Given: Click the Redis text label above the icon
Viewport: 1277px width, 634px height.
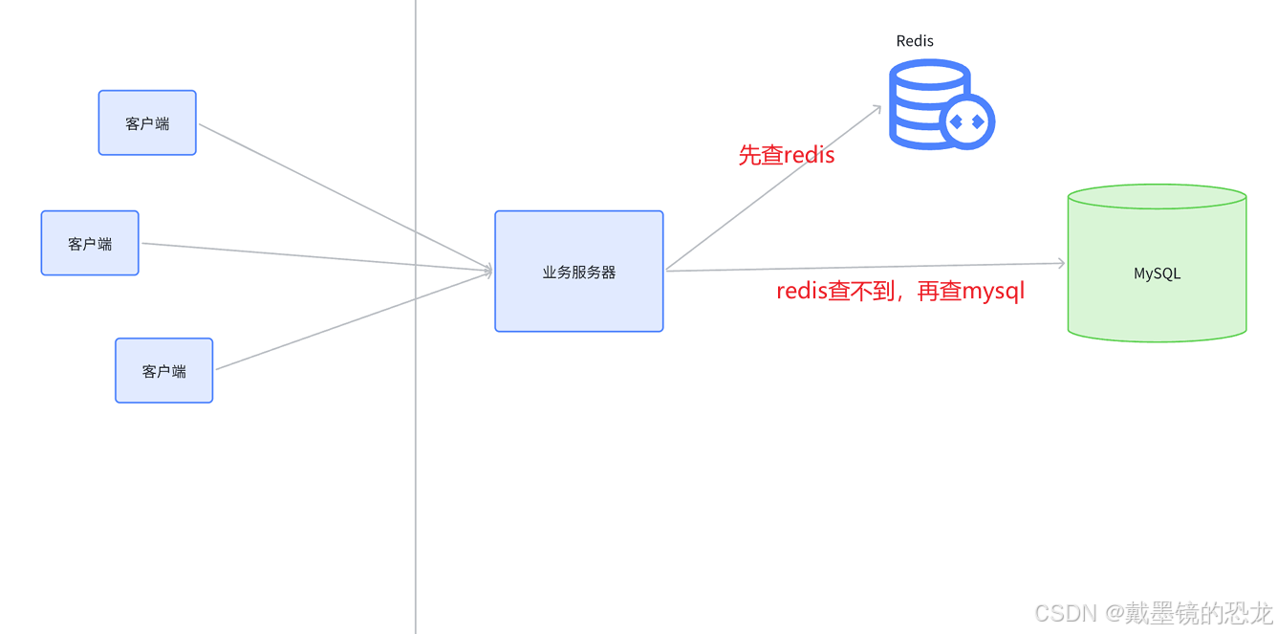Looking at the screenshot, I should (x=915, y=41).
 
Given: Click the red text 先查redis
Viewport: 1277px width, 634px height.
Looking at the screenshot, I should (x=786, y=155).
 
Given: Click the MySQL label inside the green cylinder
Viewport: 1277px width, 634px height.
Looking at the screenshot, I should (x=1157, y=273).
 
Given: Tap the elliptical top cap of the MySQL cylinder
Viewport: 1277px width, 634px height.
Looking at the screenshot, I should (x=1157, y=196).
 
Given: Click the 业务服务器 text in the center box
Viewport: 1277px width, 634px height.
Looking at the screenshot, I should (x=579, y=273).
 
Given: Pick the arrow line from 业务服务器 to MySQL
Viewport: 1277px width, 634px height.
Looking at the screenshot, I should (x=860, y=267).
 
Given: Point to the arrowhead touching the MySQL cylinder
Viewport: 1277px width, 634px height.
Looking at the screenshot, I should (x=1060, y=263).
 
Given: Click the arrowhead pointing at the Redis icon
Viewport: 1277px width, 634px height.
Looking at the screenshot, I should (x=876, y=109).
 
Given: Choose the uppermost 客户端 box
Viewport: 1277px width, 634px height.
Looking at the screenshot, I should (x=147, y=122).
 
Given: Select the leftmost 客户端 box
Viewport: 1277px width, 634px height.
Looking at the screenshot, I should (x=90, y=243).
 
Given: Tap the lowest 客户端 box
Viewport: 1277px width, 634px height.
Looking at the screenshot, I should (x=163, y=370).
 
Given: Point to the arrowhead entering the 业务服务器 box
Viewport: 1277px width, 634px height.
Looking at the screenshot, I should (x=487, y=272).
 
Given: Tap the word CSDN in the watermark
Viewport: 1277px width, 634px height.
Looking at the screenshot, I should (x=1065, y=613).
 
